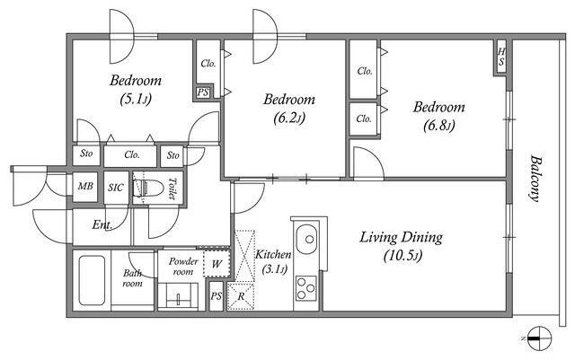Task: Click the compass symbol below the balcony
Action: pyautogui.click(x=539, y=338)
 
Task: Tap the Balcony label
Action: pyautogui.click(x=536, y=179)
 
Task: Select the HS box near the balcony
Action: pyautogui.click(x=501, y=57)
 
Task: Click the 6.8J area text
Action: pyautogui.click(x=439, y=126)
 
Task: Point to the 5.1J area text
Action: pyautogui.click(x=136, y=99)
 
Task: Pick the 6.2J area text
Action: pyautogui.click(x=289, y=118)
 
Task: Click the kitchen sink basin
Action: pyautogui.click(x=307, y=239)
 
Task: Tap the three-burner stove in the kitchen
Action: pyautogui.click(x=306, y=288)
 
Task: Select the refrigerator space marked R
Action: pyautogui.click(x=241, y=296)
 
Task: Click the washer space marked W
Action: pyautogui.click(x=217, y=264)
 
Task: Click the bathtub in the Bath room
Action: pyautogui.click(x=92, y=280)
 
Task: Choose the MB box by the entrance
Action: pyautogui.click(x=85, y=187)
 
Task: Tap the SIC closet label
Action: pyautogui.click(x=116, y=188)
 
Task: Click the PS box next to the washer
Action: pyautogui.click(x=216, y=296)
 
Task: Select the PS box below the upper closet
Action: pyautogui.click(x=202, y=92)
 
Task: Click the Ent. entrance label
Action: pyautogui.click(x=102, y=224)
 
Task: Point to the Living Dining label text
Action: pyautogui.click(x=401, y=238)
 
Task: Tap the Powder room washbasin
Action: pyautogui.click(x=179, y=294)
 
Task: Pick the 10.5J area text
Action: pyautogui.click(x=402, y=256)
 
